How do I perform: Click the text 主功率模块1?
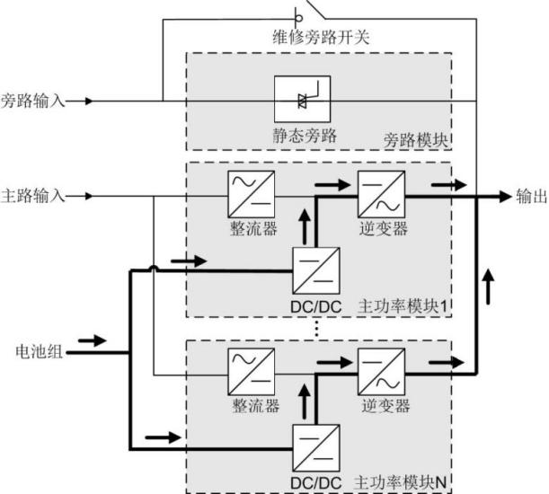402,306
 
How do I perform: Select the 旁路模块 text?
417,142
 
